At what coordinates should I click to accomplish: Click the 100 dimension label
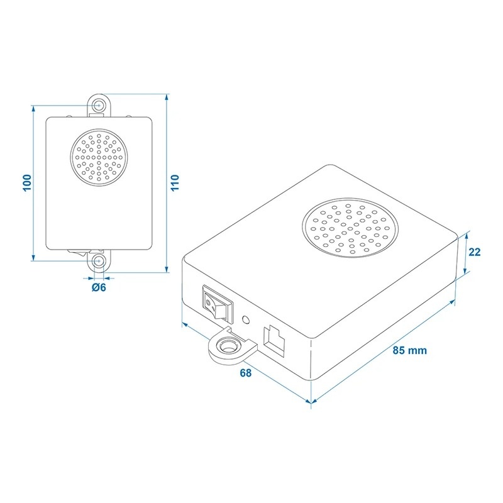pos(28,183)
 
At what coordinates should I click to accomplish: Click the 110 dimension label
pos(175,183)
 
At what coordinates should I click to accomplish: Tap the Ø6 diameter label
pos(99,287)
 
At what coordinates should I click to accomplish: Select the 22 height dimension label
pos(475,252)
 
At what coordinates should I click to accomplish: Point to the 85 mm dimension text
pos(410,350)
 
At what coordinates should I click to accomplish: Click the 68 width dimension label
pos(246,373)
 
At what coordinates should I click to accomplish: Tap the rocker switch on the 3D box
pos(218,303)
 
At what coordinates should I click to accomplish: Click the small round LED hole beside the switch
pos(246,320)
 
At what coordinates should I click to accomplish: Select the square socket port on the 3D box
pos(274,341)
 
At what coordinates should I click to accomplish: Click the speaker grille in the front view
pos(99,158)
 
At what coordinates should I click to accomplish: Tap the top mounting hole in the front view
pos(99,105)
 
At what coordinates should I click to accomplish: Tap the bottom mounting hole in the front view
pos(99,261)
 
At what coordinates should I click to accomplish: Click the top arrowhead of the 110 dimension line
pos(167,98)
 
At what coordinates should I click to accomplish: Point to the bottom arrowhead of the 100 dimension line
pos(33,257)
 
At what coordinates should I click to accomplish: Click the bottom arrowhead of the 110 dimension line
pos(167,269)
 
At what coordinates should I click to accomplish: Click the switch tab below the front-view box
pos(77,253)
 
